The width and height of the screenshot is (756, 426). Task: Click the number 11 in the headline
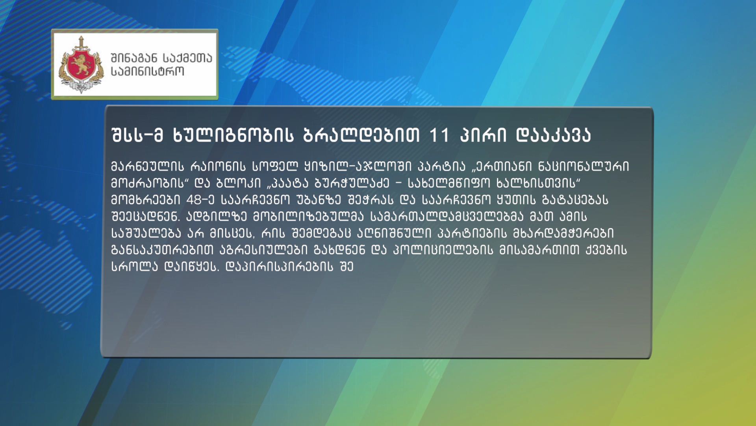click(x=439, y=135)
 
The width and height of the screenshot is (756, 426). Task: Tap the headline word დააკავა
click(x=553, y=135)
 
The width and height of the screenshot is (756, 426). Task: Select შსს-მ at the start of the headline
click(x=137, y=135)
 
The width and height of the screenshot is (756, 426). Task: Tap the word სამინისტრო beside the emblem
click(x=148, y=72)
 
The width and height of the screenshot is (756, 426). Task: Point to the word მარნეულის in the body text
click(x=148, y=166)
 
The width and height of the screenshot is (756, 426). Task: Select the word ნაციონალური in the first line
click(x=584, y=166)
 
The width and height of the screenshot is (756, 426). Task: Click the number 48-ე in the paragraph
click(x=200, y=200)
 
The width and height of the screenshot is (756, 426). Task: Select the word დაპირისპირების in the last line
click(x=279, y=267)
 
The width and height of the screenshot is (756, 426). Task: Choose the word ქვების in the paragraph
click(x=606, y=250)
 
